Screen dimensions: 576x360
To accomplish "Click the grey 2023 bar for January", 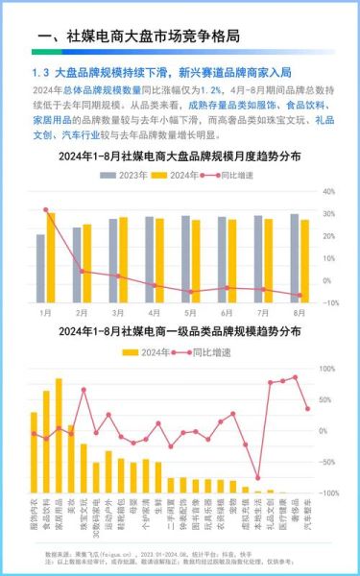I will point(40,268).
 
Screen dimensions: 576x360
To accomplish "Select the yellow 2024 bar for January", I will point(51,257).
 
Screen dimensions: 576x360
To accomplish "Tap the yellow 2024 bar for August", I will point(305,260).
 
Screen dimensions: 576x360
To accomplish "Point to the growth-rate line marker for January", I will point(45,209).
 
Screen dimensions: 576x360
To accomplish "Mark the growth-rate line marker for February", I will point(82,271).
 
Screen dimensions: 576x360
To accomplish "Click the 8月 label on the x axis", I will point(300,313).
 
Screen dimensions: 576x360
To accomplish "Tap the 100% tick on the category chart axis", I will point(326,369).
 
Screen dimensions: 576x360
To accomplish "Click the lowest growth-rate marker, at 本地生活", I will point(257,477).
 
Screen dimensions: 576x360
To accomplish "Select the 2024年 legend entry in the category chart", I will point(145,352).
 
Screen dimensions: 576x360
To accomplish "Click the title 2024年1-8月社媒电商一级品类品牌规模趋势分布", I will point(179,331).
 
